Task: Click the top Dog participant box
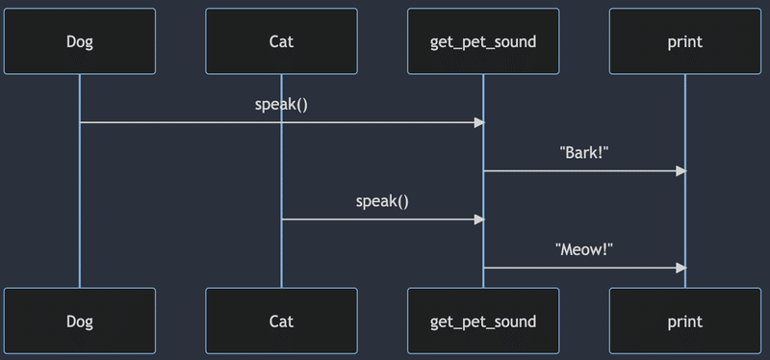(79, 41)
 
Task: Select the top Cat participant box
(281, 41)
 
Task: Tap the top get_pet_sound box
(483, 41)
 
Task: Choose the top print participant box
(685, 41)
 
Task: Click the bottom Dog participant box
(79, 321)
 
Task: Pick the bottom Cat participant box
(281, 321)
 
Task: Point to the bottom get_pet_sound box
(483, 321)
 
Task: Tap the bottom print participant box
(685, 321)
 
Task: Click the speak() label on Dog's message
(281, 104)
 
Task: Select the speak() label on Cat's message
(382, 201)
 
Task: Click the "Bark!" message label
(584, 152)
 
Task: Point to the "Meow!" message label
(584, 249)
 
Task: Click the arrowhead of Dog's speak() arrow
(478, 122)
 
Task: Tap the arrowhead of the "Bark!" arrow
(680, 170)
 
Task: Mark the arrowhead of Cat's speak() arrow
(478, 219)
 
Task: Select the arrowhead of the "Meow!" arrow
(680, 268)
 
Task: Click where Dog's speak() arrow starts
(81, 122)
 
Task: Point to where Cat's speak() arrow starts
(283, 219)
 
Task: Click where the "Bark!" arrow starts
(485, 170)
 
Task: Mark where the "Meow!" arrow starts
(485, 268)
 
